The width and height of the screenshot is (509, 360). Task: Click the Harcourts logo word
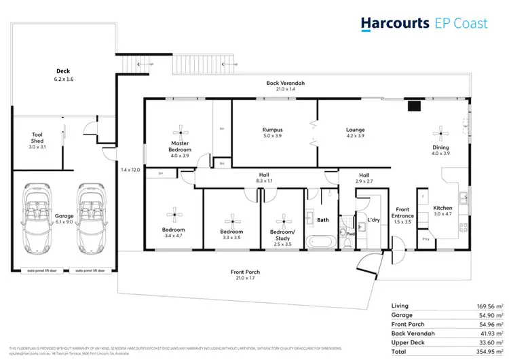[x=394, y=23]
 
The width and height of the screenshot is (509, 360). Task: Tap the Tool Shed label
[x=37, y=134]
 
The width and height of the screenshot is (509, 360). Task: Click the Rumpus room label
[x=272, y=130]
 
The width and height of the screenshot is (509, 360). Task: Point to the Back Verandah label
[x=285, y=83]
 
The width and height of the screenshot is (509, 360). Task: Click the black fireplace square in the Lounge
[x=413, y=105]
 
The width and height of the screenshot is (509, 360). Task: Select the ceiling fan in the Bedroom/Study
[x=282, y=219]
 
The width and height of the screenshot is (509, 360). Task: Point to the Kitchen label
[x=442, y=208]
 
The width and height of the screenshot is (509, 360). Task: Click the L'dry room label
[x=373, y=220]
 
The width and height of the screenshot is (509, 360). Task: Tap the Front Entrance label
[x=403, y=213]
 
